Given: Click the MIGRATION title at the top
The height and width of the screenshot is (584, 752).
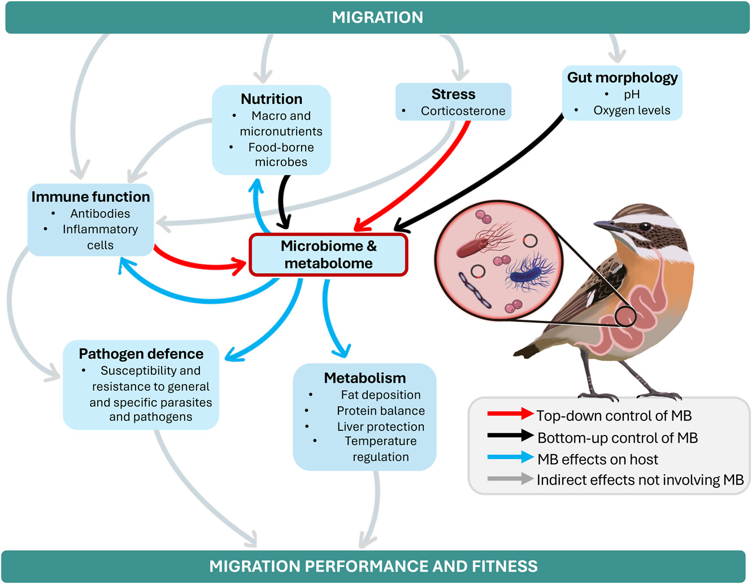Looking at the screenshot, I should pos(377,18).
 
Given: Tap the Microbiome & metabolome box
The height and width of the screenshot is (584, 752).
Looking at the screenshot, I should pos(328,255).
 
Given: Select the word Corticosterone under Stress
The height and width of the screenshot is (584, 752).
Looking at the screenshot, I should pos(463,111).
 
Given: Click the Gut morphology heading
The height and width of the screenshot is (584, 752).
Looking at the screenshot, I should pos(622,77).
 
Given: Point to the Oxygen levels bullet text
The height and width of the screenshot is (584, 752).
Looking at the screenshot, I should pos(632,111).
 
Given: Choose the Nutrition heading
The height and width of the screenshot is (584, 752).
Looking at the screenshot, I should pos(271,99).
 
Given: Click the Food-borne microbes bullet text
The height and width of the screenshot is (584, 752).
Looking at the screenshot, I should pos(281,155).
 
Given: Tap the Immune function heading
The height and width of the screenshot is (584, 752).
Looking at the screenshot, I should pos(90,197).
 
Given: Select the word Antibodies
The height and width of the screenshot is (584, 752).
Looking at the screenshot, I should pos(100,213).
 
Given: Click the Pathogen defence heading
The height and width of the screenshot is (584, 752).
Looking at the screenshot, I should pos(141,354).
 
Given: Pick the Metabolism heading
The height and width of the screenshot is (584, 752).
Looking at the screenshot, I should pos(364,378).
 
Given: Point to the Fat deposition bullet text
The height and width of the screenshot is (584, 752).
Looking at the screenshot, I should pos(380,395).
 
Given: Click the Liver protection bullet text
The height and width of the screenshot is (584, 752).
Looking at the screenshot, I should pos(380,426).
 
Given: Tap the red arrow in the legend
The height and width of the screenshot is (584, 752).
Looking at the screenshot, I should pos(510,414).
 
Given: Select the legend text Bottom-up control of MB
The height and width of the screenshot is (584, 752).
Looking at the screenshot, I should pos(617,438).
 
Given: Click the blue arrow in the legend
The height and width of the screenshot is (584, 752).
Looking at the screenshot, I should pos(510,457).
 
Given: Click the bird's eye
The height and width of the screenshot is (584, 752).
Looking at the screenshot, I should pos(645,227).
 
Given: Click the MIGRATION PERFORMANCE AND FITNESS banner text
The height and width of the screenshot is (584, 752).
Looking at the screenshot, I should pos(373,566).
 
